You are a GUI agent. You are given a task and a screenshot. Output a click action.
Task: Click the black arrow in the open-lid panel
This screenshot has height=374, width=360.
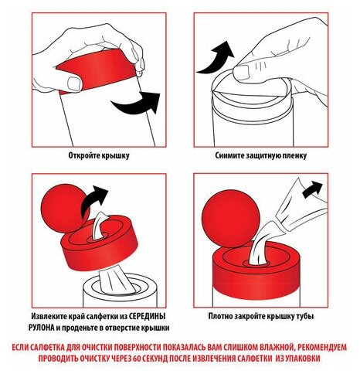tap(137, 106)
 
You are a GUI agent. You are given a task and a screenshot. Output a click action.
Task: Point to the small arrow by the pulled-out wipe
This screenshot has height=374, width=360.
tap(312, 189)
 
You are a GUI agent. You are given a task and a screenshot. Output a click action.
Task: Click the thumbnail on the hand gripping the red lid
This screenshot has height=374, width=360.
tap(74, 83)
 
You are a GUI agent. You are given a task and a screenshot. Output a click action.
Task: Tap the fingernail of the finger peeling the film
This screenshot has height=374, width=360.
tap(241, 73)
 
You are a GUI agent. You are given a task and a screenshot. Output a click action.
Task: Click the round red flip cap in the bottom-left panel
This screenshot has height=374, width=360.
tap(65, 209)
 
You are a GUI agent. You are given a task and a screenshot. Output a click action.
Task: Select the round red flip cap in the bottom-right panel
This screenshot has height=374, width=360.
tap(231, 220)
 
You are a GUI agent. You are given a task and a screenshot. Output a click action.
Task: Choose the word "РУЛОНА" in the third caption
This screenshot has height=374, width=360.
tap(42, 328)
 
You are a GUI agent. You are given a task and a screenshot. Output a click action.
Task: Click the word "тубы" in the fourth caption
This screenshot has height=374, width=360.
tap(305, 316)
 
